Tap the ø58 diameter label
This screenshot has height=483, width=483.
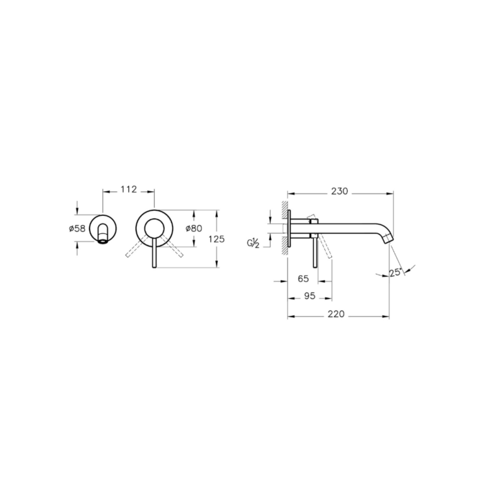77,228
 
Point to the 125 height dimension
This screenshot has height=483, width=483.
217,239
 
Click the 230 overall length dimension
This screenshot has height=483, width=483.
339,191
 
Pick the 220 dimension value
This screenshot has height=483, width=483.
336,313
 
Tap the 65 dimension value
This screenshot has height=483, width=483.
303,279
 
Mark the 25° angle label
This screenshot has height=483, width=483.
396,273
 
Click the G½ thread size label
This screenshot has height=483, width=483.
255,243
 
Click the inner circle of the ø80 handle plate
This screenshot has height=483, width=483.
154,228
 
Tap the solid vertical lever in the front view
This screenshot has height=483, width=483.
154,252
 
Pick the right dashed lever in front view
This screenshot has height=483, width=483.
173,248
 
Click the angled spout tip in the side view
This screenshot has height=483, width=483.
388,239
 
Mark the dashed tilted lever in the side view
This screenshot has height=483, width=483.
326,250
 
